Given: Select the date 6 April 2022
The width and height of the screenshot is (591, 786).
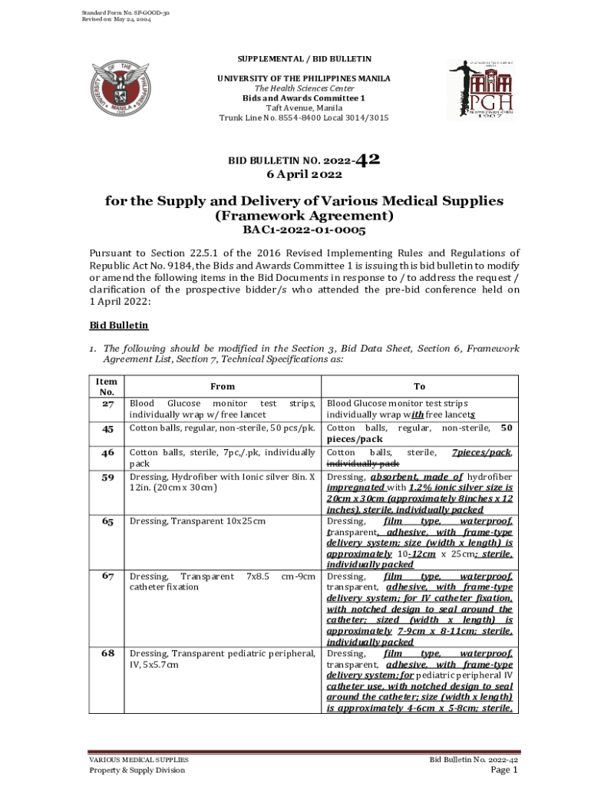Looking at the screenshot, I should pos(303,175).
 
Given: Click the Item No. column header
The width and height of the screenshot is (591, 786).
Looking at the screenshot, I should pos(107,386).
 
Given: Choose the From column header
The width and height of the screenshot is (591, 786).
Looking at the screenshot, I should pos(223,386).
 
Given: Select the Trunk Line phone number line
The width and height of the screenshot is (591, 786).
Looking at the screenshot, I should pos(303,118).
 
